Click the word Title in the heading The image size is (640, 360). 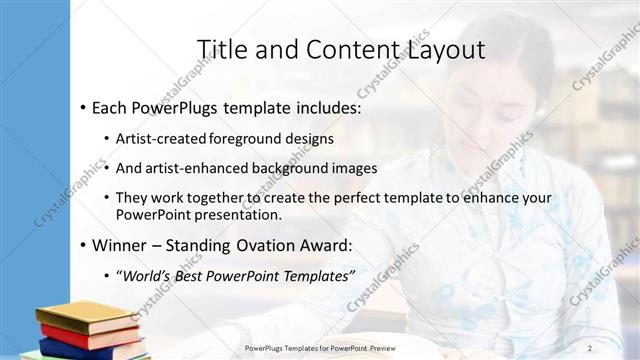point(220,49)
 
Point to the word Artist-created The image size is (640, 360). point(161,138)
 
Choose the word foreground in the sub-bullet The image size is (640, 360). point(246,138)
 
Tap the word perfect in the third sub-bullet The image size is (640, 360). point(329,198)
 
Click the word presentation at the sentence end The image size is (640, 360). point(245,214)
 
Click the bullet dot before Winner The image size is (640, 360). point(81,245)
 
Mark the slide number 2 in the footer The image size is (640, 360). point(590,348)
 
